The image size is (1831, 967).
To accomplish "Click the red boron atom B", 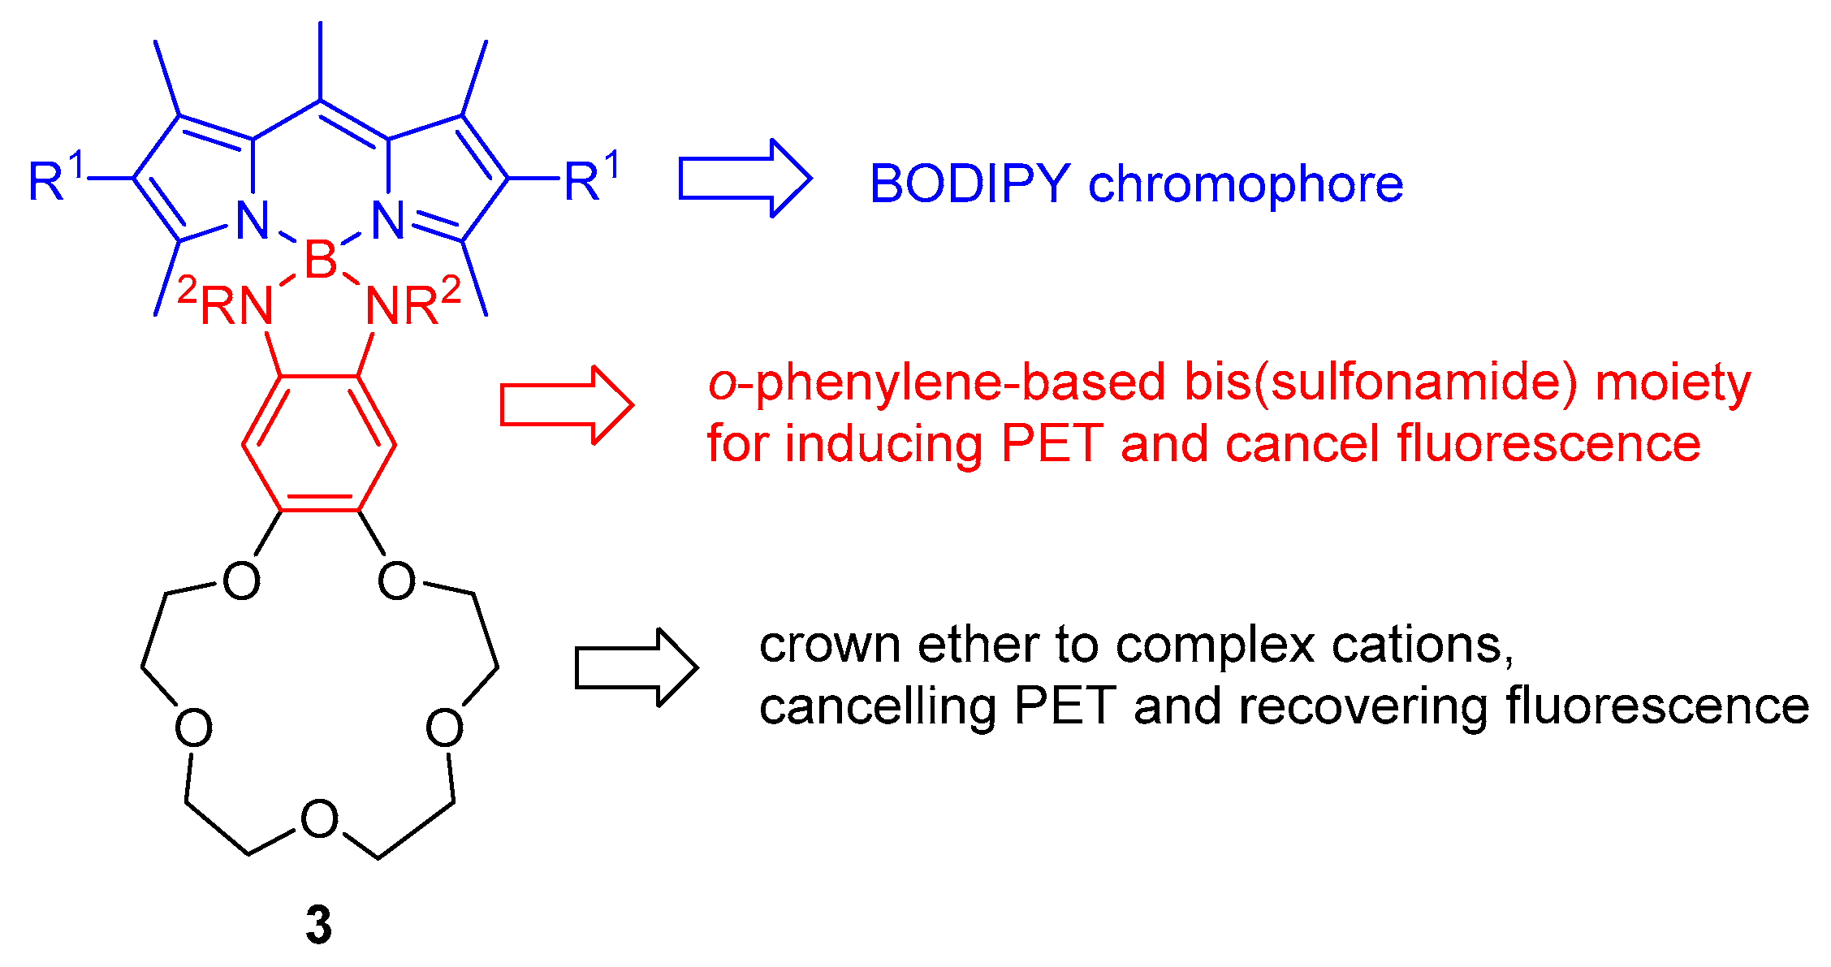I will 320,261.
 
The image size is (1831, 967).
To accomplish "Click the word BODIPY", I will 969,184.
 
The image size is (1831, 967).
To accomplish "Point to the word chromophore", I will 1246,184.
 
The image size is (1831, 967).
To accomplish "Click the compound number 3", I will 318,925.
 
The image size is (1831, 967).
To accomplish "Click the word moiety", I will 1673,383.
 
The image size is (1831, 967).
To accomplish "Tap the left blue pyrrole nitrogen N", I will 253,220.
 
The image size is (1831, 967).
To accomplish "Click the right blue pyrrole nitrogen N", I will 388,220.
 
